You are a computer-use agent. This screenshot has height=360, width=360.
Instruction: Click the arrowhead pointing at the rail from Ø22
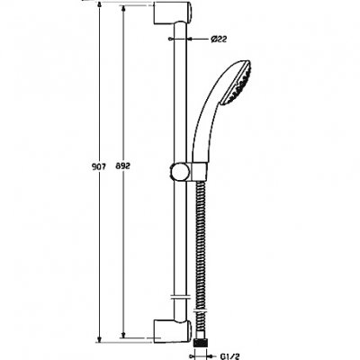(x=189, y=40)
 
